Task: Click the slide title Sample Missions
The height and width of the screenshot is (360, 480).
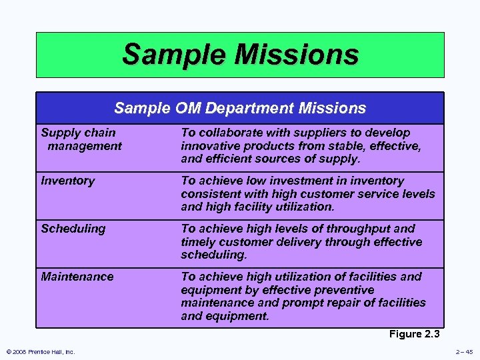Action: click(240, 55)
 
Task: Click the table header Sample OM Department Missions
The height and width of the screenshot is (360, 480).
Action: click(240, 108)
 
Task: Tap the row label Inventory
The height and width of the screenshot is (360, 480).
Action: click(68, 181)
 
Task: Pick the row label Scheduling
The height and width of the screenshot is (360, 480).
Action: click(73, 229)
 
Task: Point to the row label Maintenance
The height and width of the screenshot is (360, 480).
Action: click(77, 276)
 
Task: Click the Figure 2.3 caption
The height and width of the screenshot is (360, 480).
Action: click(415, 334)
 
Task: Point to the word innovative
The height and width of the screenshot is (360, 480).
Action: click(210, 146)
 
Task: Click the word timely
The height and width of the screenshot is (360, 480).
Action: click(199, 241)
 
